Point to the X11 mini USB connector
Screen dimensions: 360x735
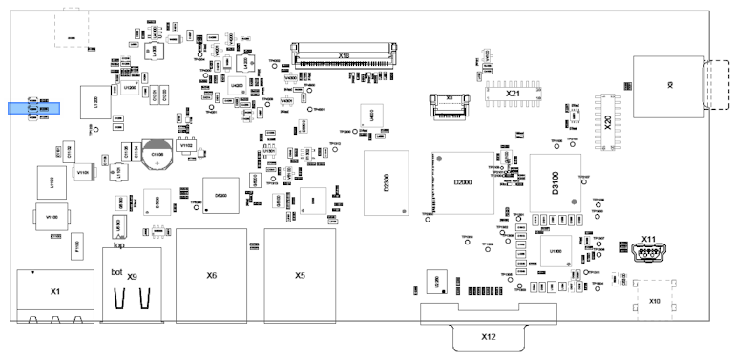[650, 250]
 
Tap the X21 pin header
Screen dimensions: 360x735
[512, 93]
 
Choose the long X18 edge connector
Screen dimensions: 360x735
[344, 55]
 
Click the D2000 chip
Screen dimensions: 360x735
[462, 181]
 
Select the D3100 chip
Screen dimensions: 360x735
[556, 180]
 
